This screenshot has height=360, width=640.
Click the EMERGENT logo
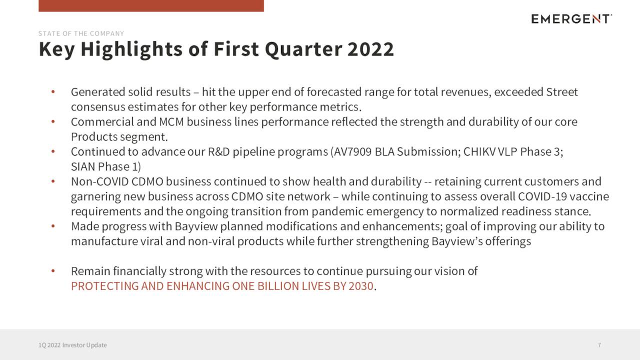tap(571, 19)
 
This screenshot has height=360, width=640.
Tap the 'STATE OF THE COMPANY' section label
tap(81, 33)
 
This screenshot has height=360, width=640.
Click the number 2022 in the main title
tap(370, 49)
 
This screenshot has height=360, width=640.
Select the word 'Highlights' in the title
tap(131, 49)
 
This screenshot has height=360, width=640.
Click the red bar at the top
tap(151, 5)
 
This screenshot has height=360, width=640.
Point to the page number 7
tap(599, 345)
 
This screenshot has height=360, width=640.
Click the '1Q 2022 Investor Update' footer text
tap(72, 345)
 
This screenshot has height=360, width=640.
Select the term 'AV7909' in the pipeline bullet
tap(352, 151)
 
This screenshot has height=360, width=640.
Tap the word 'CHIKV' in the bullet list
tap(479, 151)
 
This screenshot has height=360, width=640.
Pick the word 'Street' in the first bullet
tap(562, 92)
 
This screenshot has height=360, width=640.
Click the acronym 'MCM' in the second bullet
tap(171, 122)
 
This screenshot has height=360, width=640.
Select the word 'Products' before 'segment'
tap(94, 137)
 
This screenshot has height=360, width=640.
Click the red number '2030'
tap(361, 286)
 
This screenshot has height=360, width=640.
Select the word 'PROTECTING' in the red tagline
tap(105, 286)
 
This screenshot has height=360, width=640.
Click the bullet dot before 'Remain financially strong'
tap(53, 271)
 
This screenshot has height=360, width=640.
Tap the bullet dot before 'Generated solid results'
tap(53, 91)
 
